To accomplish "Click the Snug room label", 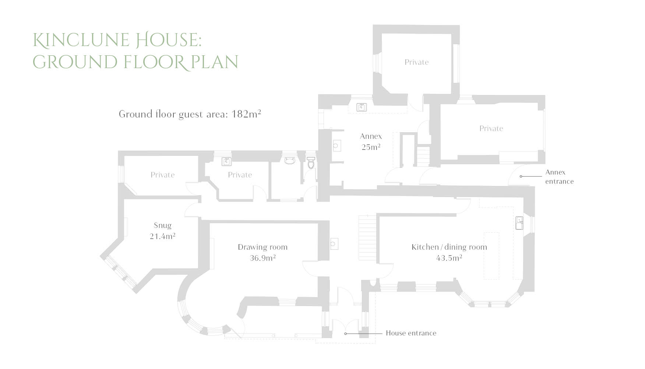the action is [162, 225].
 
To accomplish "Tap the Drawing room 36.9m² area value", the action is [262, 258].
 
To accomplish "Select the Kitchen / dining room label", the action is [449, 247].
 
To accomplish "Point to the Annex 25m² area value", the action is [371, 147].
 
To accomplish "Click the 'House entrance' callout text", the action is [411, 333].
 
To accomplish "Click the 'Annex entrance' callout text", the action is [559, 177].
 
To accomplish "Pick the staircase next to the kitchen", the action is [368, 238].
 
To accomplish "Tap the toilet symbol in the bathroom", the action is [311, 162].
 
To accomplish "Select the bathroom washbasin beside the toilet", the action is [290, 160].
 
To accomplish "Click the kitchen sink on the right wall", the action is [519, 223].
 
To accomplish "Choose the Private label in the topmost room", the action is [416, 62].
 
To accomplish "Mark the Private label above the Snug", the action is [162, 175].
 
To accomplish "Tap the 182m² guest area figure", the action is [246, 114].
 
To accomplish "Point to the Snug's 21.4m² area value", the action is [162, 236].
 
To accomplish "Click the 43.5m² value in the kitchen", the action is [449, 258].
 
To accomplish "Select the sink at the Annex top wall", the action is [361, 107].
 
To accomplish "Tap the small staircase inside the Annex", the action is [423, 156].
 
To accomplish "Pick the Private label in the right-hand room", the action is [491, 129].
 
